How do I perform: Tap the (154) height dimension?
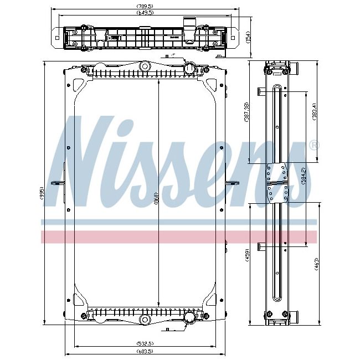tap(249, 37)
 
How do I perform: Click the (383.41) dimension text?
tap(314, 113)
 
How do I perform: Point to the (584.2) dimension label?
tap(302, 176)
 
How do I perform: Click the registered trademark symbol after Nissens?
tap(313, 146)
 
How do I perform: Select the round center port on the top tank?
tap(145, 66)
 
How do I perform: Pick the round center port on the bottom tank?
tap(145, 320)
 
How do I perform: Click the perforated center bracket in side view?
tap(276, 183)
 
